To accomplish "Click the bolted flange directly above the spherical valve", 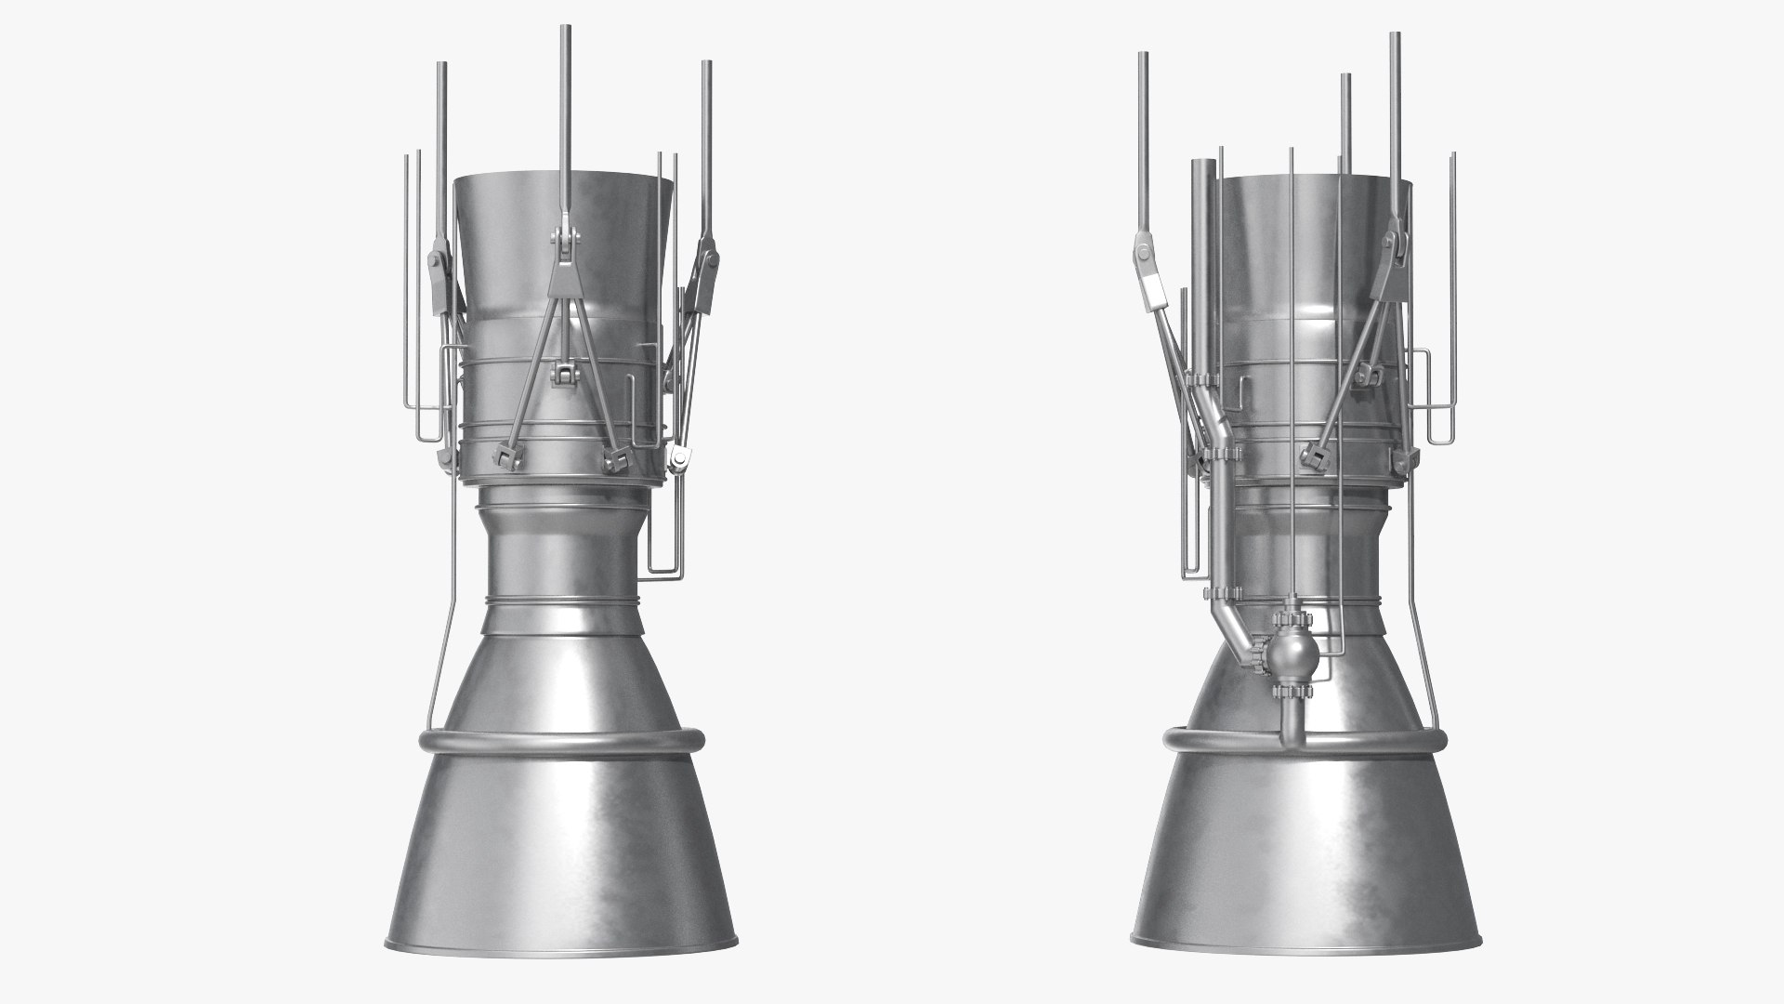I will point(1289,618).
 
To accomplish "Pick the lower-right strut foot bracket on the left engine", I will point(616,456).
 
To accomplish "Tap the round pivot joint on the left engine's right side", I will point(679,456).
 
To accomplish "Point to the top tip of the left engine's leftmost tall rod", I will point(441,66).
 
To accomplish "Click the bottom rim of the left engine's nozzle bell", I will point(561,955).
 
